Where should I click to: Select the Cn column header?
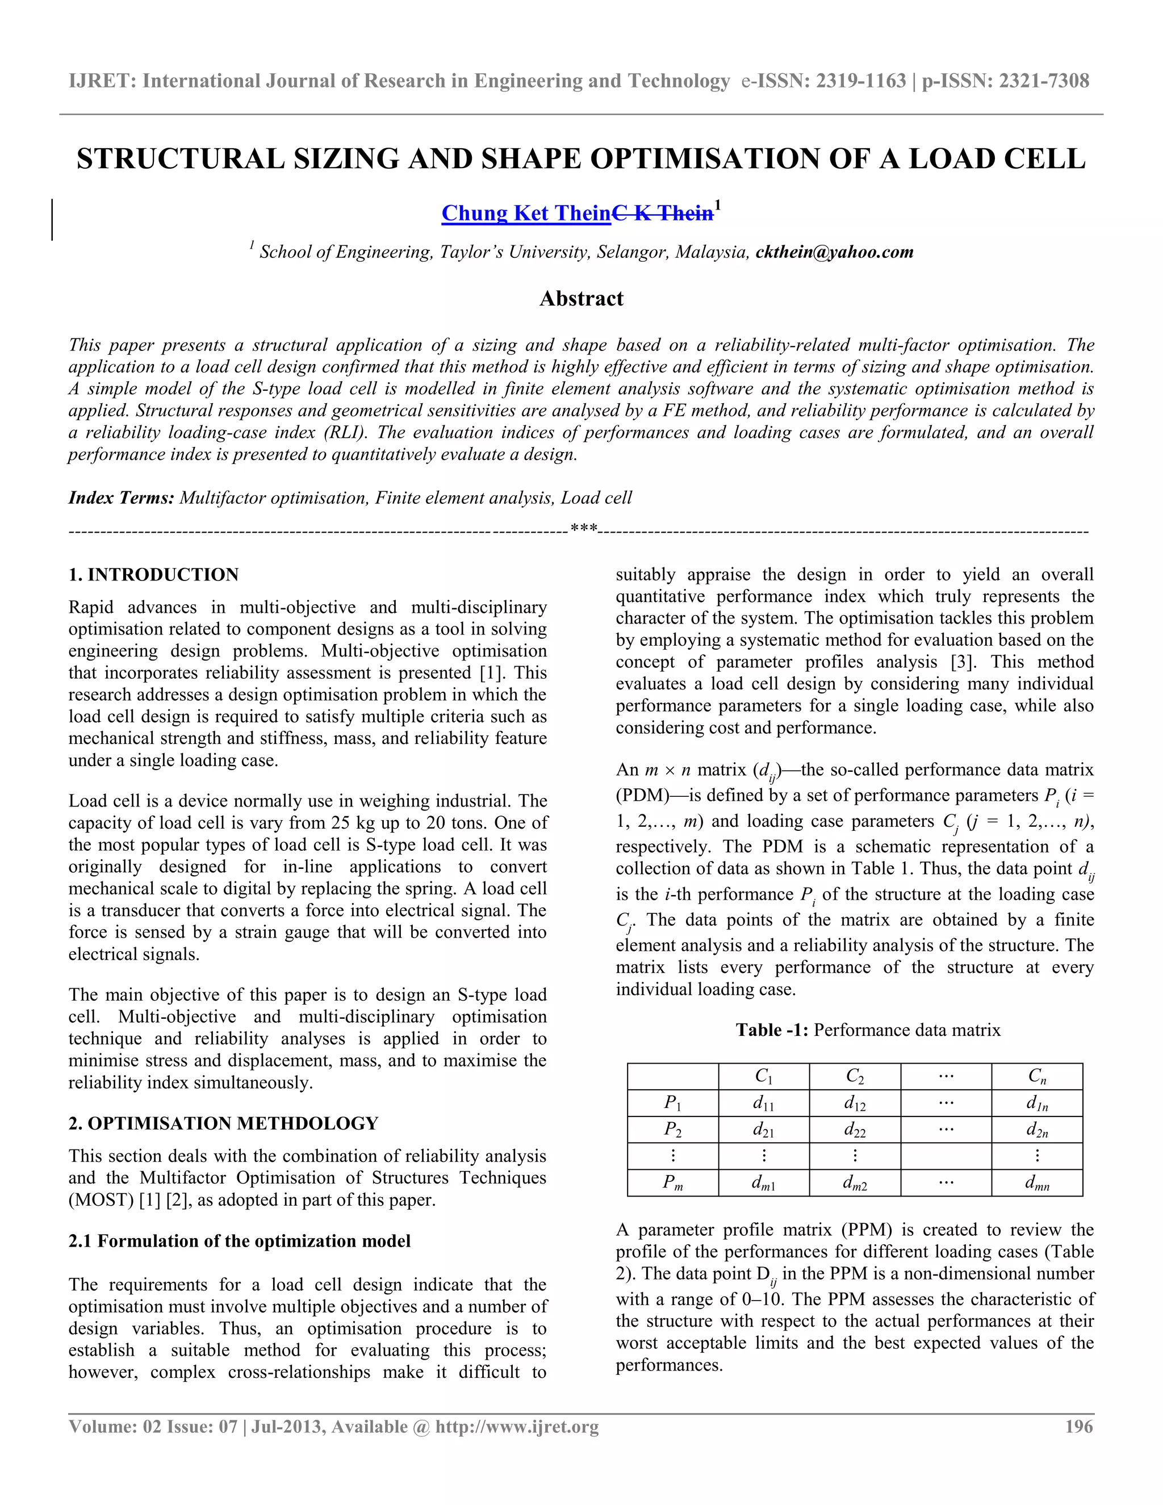[x=1037, y=1076]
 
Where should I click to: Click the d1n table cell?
[x=1037, y=1103]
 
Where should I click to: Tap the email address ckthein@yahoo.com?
[x=834, y=252]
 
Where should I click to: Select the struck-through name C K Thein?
[x=662, y=214]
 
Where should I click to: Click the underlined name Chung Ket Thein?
[x=526, y=214]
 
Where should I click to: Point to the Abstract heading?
[x=581, y=298]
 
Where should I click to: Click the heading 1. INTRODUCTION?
[x=154, y=575]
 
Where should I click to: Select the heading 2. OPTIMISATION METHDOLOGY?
[x=223, y=1123]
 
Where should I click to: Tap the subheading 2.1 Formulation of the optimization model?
[x=239, y=1241]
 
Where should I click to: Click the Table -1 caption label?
[x=772, y=1030]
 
